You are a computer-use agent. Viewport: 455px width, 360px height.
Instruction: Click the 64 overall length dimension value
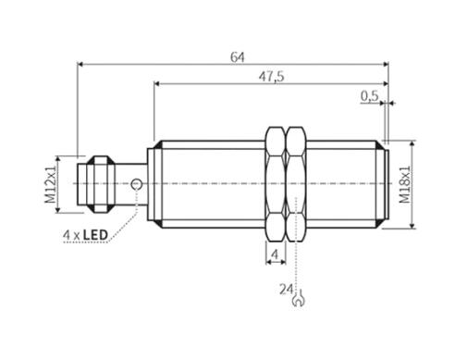pos(238,57)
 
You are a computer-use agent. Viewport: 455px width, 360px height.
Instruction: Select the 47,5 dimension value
pos(271,77)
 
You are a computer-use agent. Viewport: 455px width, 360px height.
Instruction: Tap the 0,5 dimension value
pos(370,96)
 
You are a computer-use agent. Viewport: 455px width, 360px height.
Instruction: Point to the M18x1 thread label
pos(405,184)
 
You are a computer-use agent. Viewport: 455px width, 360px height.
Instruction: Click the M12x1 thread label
pos(51,184)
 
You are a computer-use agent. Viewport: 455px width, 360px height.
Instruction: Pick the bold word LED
pos(95,235)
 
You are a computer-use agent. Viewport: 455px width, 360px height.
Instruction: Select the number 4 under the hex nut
pos(275,254)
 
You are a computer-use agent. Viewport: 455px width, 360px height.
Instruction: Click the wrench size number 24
pos(286,290)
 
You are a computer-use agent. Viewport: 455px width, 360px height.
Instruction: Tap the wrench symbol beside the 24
pos(298,299)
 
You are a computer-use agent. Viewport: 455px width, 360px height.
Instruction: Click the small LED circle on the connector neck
pos(136,184)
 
